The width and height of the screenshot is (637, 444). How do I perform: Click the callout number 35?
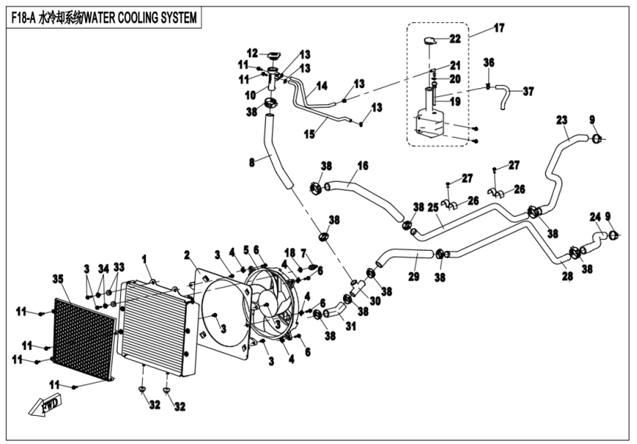click(x=57, y=279)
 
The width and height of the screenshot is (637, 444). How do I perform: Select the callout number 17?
click(x=498, y=28)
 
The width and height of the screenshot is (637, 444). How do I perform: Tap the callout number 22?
click(x=455, y=38)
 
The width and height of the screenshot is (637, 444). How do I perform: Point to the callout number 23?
click(x=561, y=119)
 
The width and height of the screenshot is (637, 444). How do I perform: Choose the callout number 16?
click(x=363, y=165)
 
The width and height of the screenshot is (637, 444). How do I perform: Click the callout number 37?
click(x=527, y=92)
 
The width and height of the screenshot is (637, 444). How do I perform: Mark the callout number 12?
click(x=253, y=53)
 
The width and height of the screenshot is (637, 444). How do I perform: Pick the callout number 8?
click(x=253, y=161)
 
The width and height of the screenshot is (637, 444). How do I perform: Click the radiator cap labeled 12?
click(x=274, y=56)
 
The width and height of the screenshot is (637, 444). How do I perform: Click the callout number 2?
click(x=188, y=255)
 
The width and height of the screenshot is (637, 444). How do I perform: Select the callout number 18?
click(x=290, y=252)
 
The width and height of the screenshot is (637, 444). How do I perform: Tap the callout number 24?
click(x=594, y=217)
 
